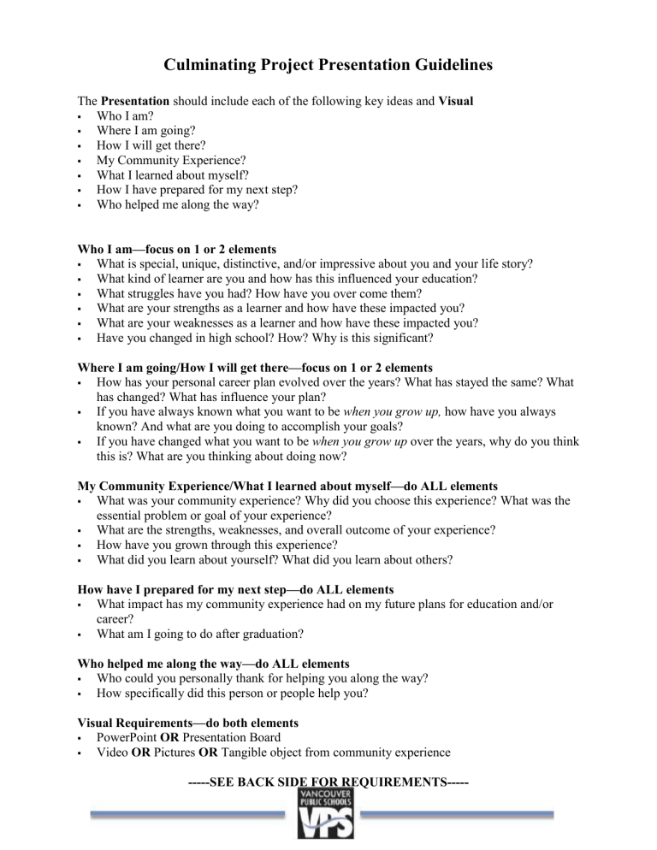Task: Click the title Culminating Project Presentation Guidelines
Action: (x=328, y=65)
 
